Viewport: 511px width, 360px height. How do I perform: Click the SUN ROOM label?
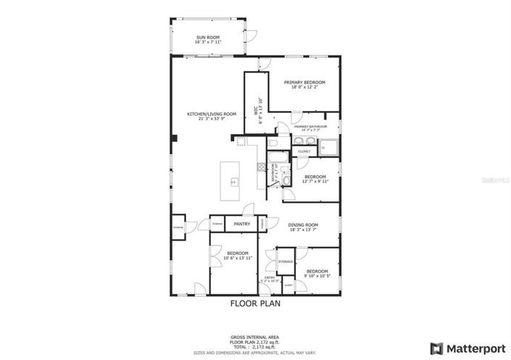pyautogui.click(x=207, y=38)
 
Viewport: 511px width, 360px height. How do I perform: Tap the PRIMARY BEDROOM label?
pyautogui.click(x=304, y=83)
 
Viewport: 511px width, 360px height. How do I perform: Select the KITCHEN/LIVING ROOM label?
pyautogui.click(x=212, y=114)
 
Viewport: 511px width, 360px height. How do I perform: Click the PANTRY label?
pyautogui.click(x=242, y=224)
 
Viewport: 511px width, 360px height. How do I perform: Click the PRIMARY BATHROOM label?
pyautogui.click(x=310, y=127)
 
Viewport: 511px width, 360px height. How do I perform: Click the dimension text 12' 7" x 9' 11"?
pyautogui.click(x=315, y=181)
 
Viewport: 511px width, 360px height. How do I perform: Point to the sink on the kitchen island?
pyautogui.click(x=233, y=180)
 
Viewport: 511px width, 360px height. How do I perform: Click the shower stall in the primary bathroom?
pyautogui.click(x=328, y=147)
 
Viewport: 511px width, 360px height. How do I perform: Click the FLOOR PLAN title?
pyautogui.click(x=255, y=304)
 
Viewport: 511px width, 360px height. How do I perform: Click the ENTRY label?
pyautogui.click(x=270, y=277)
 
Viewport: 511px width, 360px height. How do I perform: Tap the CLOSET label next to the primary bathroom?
pyautogui.click(x=304, y=151)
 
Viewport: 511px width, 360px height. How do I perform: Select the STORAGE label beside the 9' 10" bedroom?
pyautogui.click(x=286, y=261)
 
